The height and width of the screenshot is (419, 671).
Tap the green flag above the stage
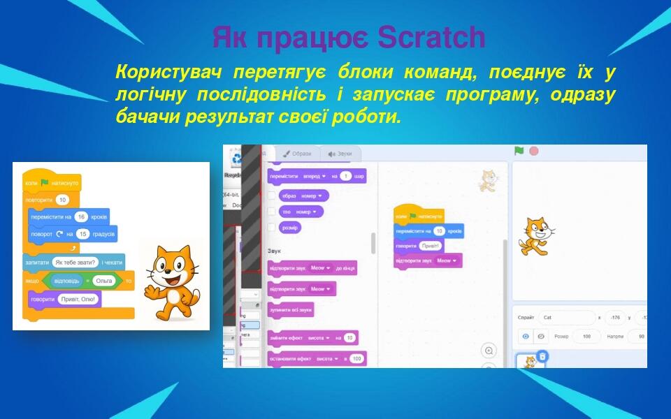coord(519,151)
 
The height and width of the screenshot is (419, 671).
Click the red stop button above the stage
coord(534,151)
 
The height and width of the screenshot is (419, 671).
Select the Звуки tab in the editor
coord(340,154)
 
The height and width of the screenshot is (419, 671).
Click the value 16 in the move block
coord(81,217)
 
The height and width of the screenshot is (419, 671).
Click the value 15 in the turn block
coord(83,233)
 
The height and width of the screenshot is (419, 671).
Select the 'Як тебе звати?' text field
coord(74,263)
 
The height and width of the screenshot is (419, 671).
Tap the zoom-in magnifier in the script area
coord(489,351)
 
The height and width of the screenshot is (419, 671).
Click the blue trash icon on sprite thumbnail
coord(543,356)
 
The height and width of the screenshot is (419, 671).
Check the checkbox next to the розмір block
coord(272,227)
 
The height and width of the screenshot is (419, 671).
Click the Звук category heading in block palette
coord(274,250)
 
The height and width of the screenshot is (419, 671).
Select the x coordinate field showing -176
coord(614,318)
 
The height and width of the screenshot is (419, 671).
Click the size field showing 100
coord(586,337)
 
